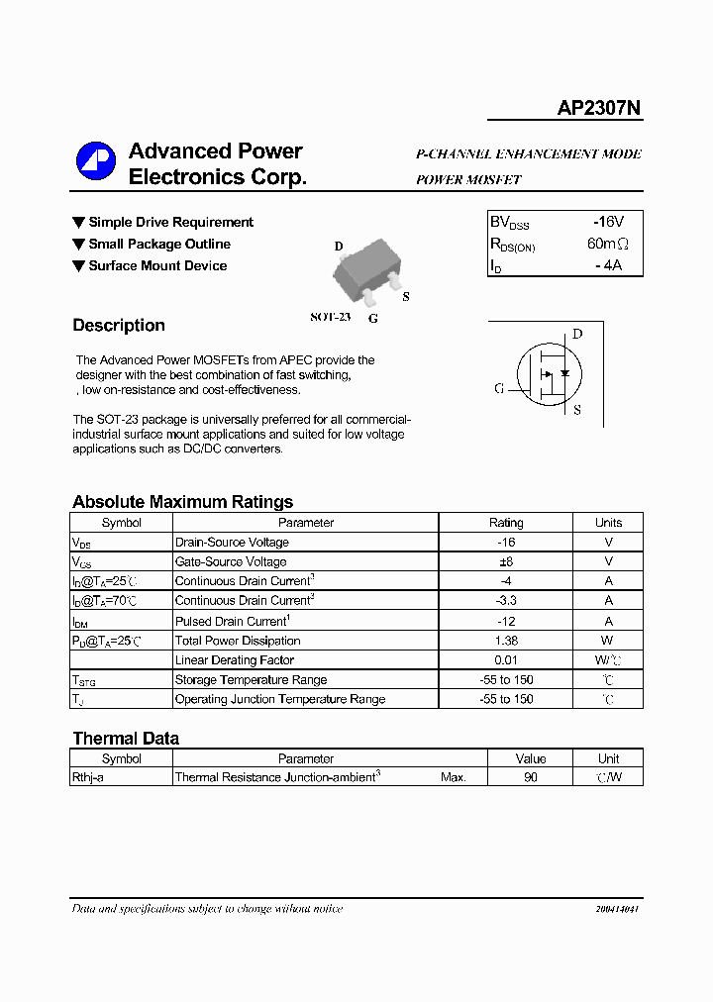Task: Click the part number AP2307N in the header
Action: pos(599,108)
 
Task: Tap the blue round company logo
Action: pos(96,162)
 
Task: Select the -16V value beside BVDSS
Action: pos(608,222)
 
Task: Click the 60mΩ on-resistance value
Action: pos(608,244)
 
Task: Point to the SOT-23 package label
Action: pos(330,317)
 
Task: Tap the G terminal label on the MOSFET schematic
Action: pos(499,388)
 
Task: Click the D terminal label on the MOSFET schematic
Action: pos(577,334)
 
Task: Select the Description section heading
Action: pos(119,326)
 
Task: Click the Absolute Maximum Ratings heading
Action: pos(182,502)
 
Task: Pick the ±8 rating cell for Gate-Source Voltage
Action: pos(506,561)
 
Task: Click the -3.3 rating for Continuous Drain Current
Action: pos(506,601)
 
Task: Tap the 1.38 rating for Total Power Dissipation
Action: pos(506,641)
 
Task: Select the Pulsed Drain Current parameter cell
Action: pos(233,621)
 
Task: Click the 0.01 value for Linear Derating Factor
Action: pos(506,660)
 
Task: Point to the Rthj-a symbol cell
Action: pos(88,778)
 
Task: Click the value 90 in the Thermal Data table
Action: pos(531,778)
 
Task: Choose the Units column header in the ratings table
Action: pos(608,523)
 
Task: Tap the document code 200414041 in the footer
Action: pos(617,909)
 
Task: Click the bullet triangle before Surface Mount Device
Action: pos(78,265)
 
